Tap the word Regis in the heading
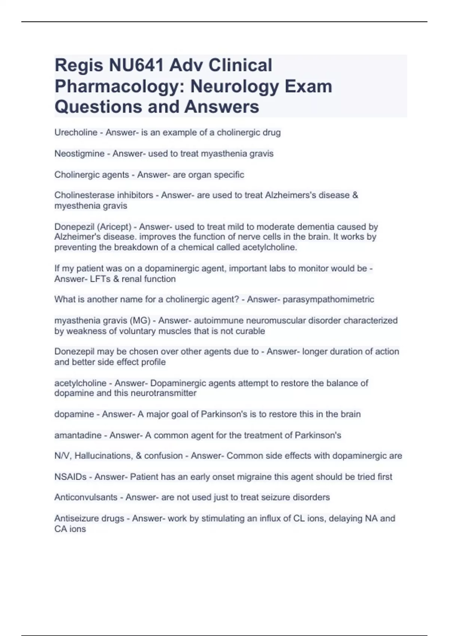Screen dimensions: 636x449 (x=79, y=65)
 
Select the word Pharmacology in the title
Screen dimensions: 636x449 (x=119, y=86)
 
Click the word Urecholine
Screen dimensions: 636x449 (x=76, y=132)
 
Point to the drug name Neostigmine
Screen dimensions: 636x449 (x=79, y=153)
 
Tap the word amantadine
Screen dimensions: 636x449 (x=78, y=435)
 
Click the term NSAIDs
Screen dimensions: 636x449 (x=70, y=477)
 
